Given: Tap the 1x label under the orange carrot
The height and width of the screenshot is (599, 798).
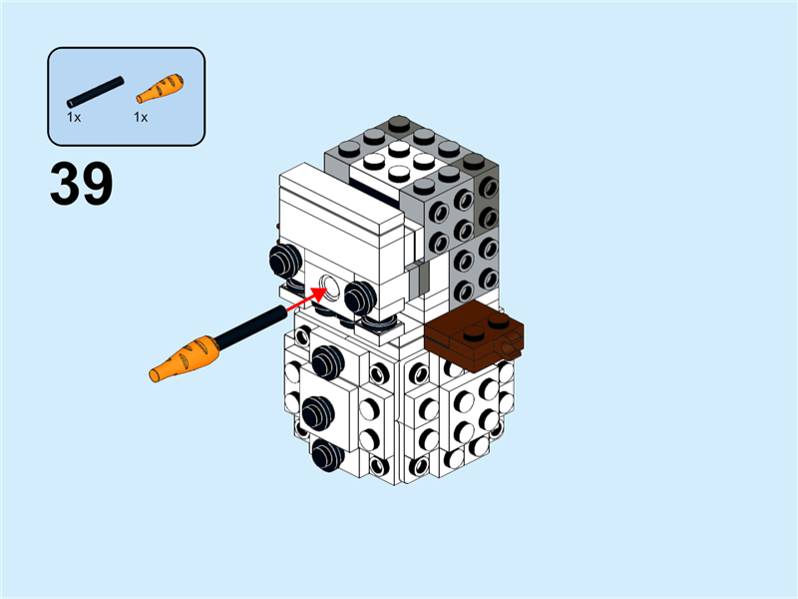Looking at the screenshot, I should [x=141, y=118].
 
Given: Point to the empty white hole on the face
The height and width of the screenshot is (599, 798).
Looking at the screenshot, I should [x=329, y=293].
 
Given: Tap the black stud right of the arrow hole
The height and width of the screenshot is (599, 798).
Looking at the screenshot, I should [x=360, y=297].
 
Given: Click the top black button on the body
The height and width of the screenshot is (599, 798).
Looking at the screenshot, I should [x=325, y=360].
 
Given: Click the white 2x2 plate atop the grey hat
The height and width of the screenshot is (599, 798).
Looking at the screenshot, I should [x=399, y=161].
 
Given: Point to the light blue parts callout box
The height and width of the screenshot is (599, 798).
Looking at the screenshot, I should [x=126, y=97].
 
